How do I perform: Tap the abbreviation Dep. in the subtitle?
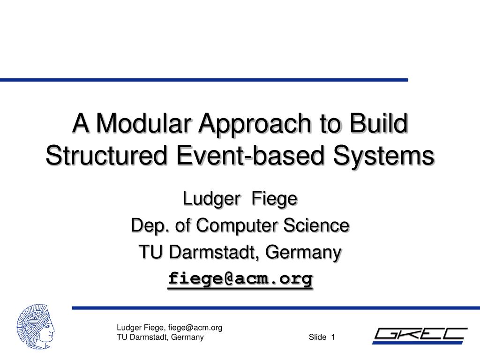[144, 226]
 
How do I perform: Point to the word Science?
[322, 226]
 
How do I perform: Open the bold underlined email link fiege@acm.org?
[240, 279]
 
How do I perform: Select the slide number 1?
[333, 337]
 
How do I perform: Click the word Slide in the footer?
[317, 337]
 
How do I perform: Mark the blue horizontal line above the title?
[204, 80]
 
